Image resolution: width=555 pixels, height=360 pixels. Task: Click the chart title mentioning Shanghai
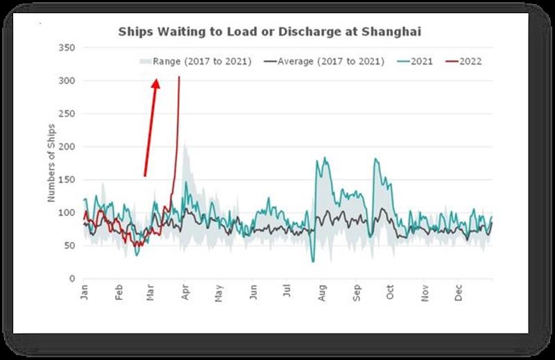270,31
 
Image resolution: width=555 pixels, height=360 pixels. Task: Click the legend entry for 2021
421,61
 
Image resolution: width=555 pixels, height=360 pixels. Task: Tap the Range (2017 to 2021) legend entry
201,61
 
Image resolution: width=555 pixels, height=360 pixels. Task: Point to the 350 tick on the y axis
68,49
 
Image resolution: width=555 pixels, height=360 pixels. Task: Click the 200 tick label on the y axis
68,147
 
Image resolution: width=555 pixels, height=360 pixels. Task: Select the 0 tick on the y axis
72,279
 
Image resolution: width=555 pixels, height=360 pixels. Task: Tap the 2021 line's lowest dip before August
313,261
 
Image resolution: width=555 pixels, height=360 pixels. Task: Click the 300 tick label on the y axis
68,81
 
